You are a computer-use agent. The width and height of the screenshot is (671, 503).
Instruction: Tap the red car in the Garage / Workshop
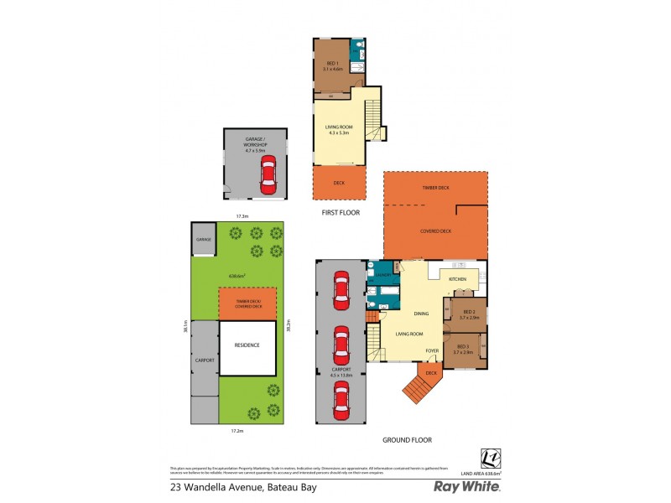[x=267, y=174]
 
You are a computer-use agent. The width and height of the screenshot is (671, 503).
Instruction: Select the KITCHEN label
[x=457, y=278]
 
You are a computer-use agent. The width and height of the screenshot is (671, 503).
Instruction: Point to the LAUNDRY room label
[x=382, y=274]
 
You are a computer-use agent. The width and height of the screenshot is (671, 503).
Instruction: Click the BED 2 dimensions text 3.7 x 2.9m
[x=469, y=318]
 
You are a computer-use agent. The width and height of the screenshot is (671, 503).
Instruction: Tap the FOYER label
[x=432, y=350]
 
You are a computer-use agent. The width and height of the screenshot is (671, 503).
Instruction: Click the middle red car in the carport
[x=341, y=344]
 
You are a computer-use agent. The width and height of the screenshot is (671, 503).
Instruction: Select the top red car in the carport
[x=341, y=289]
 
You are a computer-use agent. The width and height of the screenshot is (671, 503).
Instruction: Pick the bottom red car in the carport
[x=341, y=401]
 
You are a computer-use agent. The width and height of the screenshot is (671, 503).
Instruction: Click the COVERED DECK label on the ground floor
[x=435, y=230]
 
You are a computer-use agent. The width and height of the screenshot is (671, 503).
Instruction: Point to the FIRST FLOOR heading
[x=341, y=213]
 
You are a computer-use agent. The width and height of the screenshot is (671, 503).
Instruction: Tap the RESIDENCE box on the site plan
[x=247, y=345]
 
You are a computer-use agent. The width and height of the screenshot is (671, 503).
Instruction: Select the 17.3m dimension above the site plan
[x=242, y=216]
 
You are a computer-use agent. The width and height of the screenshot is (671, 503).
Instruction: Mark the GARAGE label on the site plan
[x=204, y=240]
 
